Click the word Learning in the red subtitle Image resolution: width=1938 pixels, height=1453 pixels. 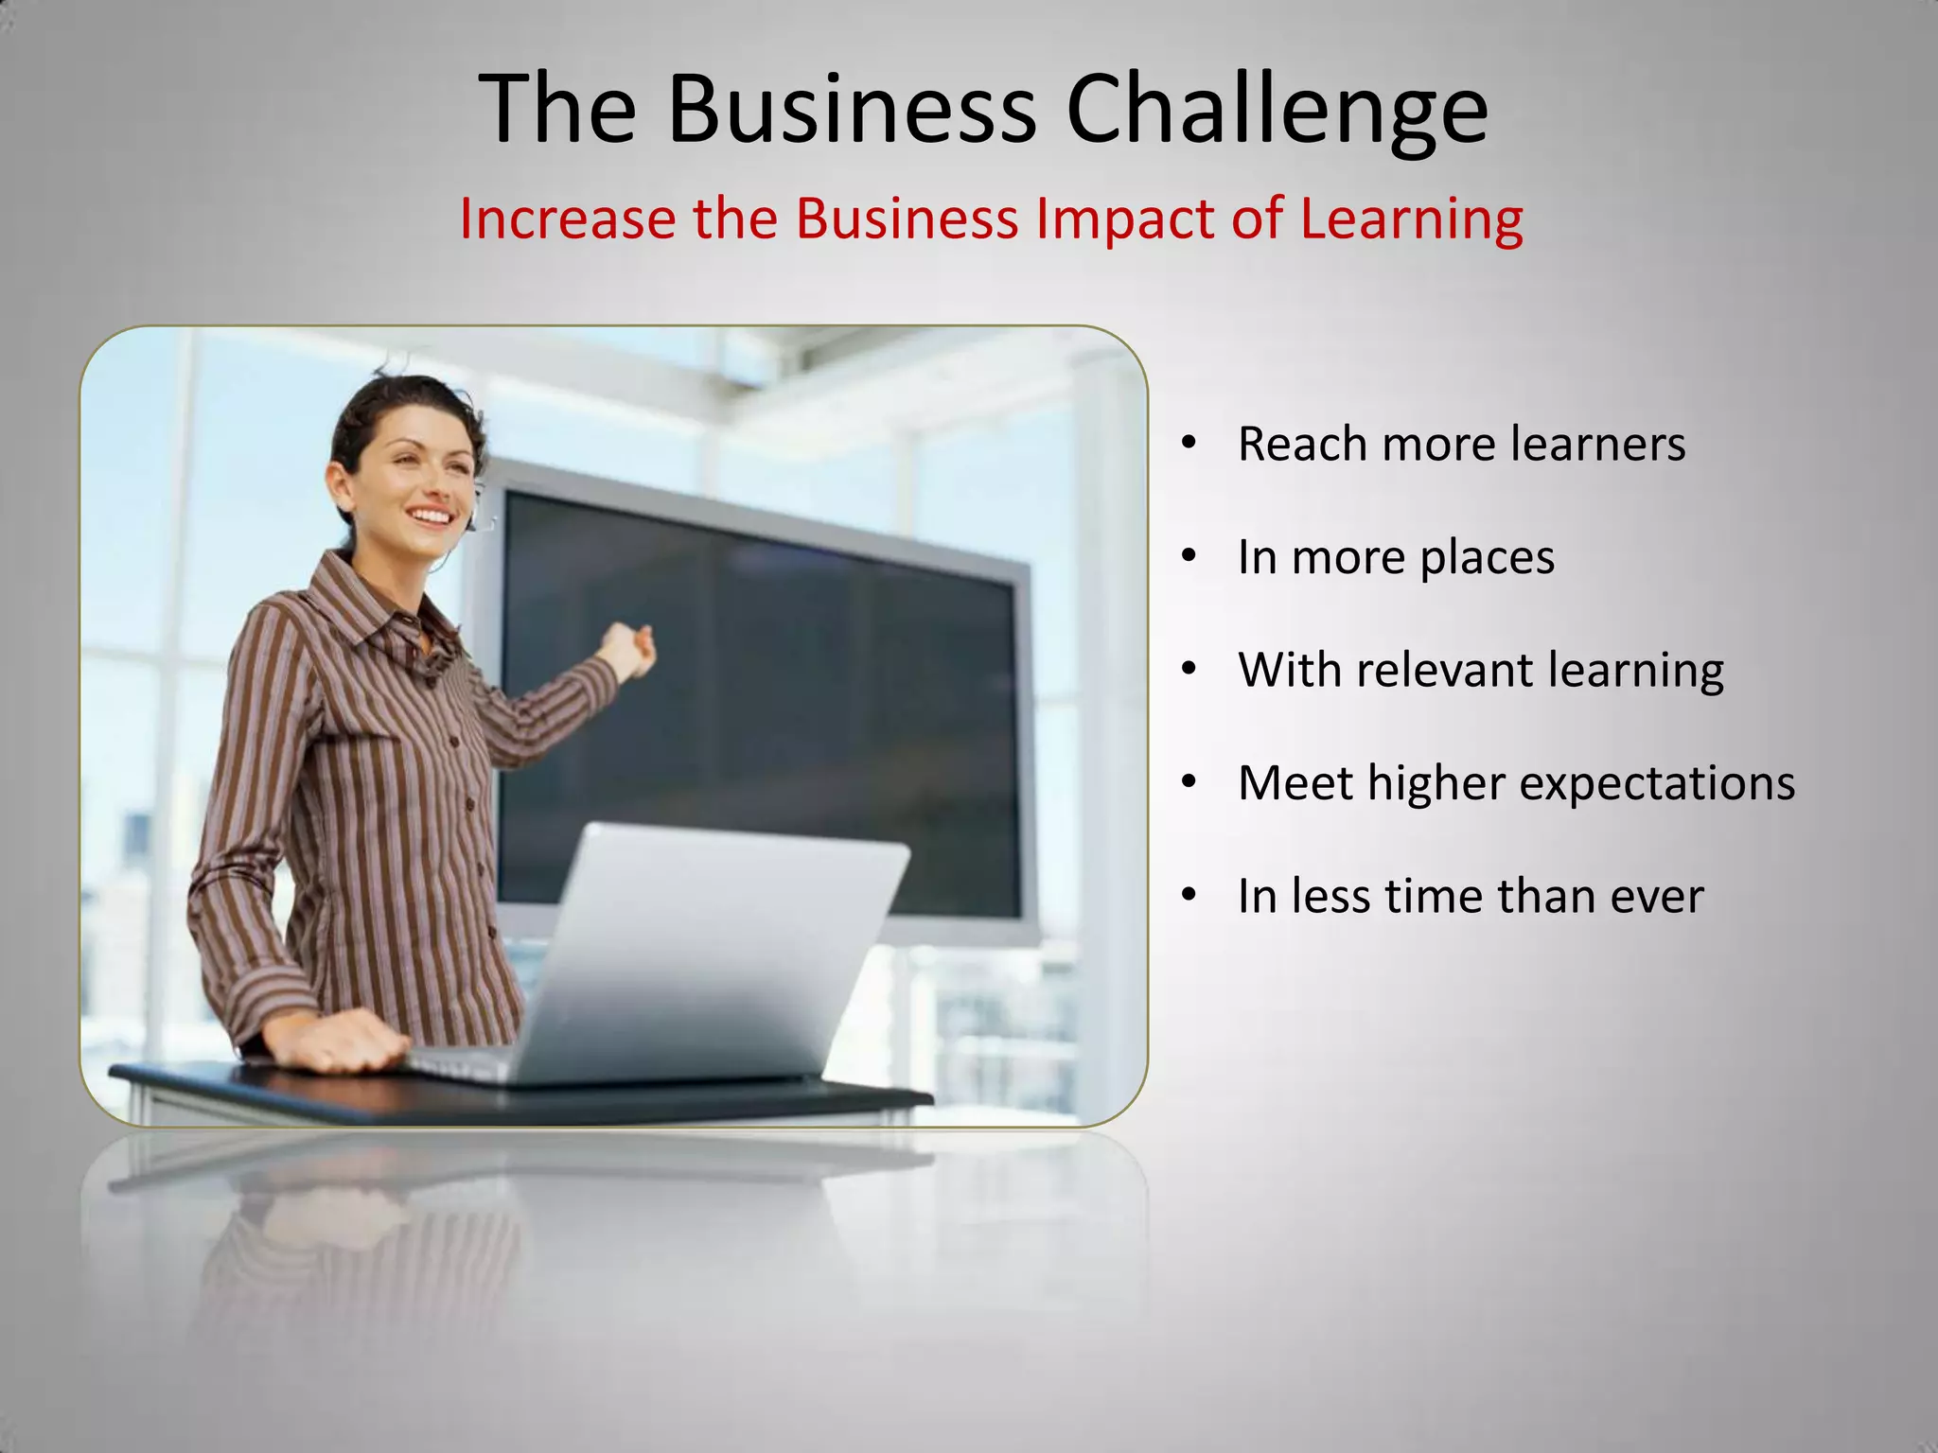[1411, 219]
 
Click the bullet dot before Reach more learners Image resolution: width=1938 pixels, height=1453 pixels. [1189, 443]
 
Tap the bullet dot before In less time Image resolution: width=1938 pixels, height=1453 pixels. [1189, 895]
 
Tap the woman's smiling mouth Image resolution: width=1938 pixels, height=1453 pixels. [431, 516]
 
